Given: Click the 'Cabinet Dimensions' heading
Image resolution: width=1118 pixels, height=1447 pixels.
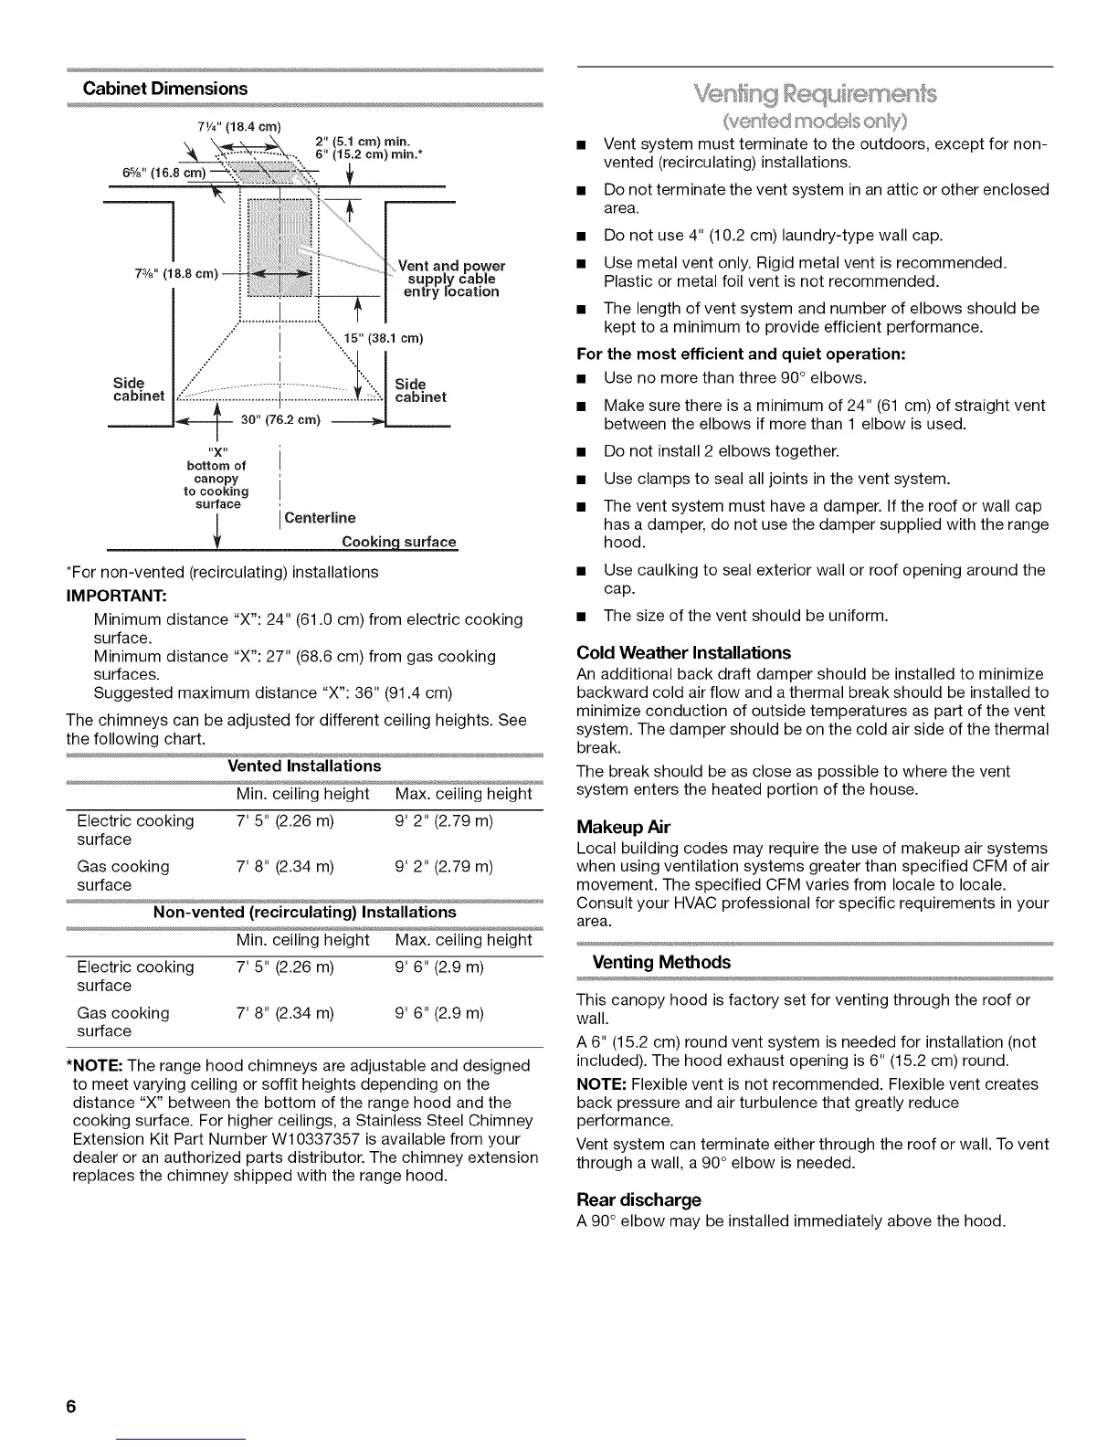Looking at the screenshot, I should click(x=165, y=89).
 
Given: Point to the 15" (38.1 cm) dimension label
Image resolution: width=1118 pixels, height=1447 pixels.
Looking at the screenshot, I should click(x=384, y=339).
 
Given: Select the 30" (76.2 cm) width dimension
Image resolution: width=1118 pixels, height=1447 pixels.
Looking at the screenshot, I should click(x=280, y=420).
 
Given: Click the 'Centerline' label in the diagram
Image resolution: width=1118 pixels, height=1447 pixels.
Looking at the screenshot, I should click(x=320, y=518).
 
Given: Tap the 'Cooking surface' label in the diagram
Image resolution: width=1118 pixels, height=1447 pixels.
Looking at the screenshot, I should click(x=398, y=542).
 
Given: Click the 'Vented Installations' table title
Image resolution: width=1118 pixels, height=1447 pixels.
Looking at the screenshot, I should click(x=303, y=766).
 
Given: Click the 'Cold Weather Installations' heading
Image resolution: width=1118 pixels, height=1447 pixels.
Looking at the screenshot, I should click(x=684, y=653).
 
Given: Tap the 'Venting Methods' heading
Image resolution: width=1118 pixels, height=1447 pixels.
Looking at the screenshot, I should click(x=662, y=962).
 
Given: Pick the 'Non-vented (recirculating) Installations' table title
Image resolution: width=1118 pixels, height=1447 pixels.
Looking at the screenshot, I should click(x=304, y=913).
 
